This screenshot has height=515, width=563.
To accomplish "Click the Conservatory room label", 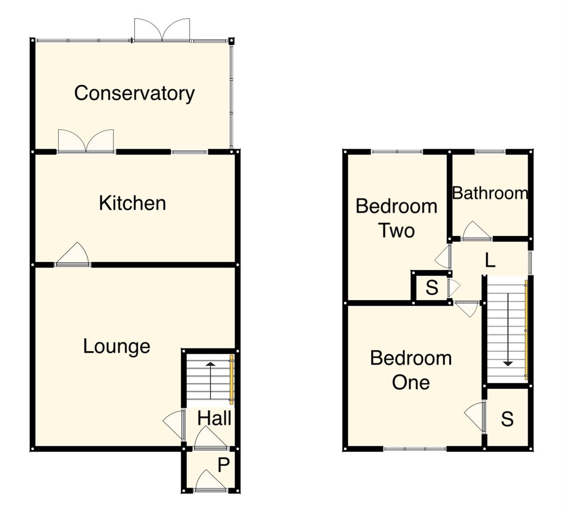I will pos(134,93).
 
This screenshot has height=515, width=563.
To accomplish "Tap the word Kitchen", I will pos(132,203).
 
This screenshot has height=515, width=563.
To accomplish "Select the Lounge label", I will pos(116,346).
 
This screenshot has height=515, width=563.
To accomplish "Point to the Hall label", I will pos(214,418).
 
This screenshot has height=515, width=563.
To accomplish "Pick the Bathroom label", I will pos(490,193).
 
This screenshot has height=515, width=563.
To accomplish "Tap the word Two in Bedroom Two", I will pos(396,231).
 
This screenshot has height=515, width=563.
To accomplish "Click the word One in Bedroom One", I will pos(410,382).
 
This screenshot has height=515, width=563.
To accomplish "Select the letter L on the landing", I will pos(490,260).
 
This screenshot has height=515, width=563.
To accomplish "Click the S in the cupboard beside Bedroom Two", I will pos(431,288).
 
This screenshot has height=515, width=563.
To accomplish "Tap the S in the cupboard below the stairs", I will pos(507,419).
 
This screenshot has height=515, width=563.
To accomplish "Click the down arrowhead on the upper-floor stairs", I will pos(508,363).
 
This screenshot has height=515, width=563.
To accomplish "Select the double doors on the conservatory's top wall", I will pos(162,31).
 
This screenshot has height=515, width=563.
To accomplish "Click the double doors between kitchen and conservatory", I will pos(86,142).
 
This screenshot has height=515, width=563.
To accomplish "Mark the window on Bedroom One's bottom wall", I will pos(415,448).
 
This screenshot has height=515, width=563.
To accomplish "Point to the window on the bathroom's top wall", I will pos(490,152).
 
